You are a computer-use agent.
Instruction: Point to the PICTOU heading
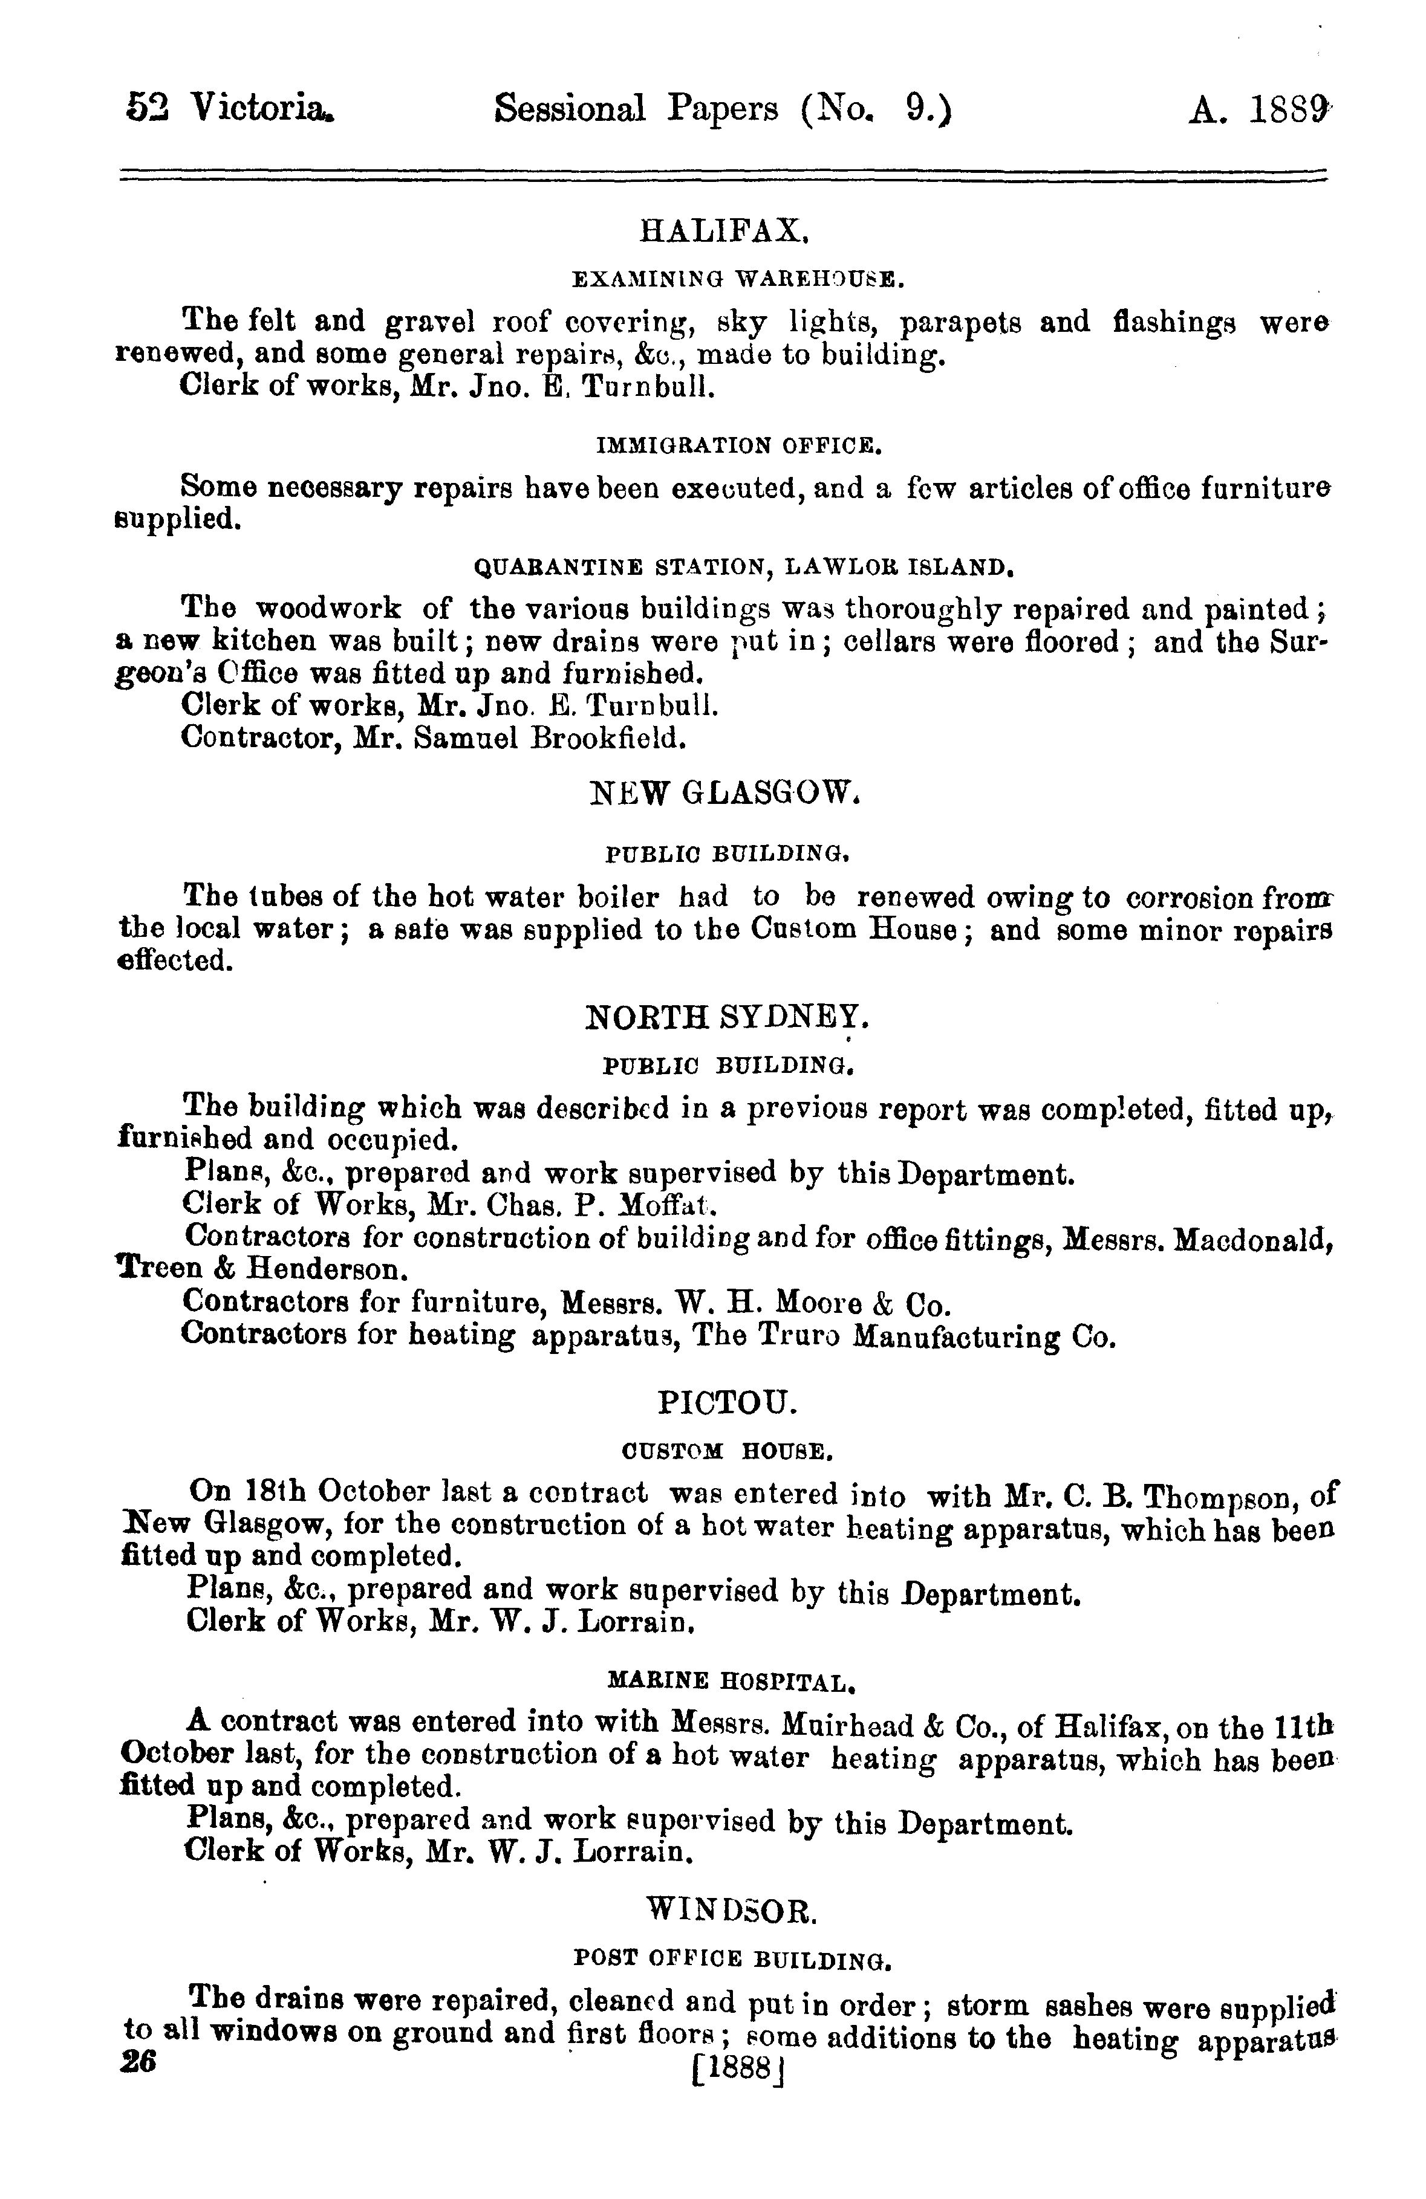pos(726,1404)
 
